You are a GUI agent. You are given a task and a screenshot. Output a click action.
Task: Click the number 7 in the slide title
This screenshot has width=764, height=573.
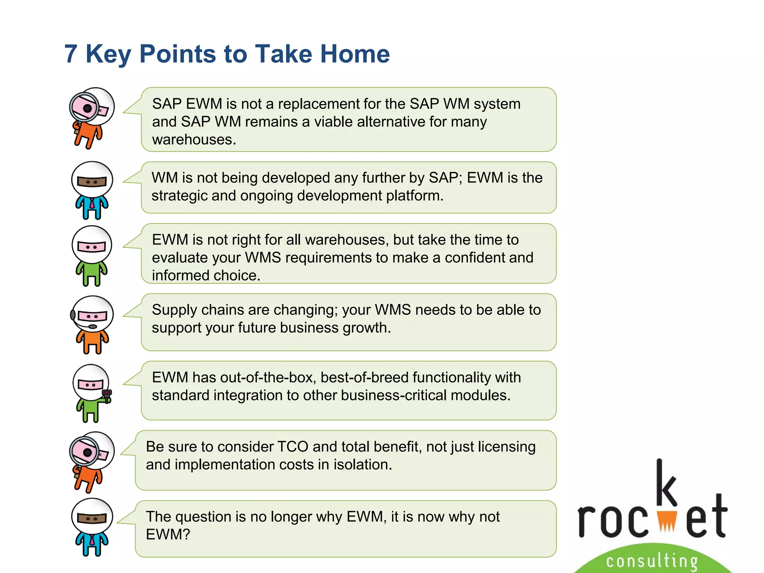[x=71, y=54]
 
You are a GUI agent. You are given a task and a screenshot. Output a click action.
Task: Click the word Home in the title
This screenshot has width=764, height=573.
[x=355, y=54]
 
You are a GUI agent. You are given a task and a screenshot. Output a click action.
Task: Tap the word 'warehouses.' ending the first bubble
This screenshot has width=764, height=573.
[x=194, y=140]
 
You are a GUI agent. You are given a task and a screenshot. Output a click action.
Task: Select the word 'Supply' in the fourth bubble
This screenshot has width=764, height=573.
[x=173, y=310]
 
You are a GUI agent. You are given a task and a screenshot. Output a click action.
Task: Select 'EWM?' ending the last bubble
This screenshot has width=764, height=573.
[x=168, y=535]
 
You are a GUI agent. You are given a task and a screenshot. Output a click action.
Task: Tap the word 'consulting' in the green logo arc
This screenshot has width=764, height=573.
[x=652, y=561]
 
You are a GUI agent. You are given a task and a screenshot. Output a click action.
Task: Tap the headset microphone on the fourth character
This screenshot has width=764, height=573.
[x=92, y=327]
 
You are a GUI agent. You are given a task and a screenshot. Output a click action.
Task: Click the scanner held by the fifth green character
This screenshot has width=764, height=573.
[x=107, y=395]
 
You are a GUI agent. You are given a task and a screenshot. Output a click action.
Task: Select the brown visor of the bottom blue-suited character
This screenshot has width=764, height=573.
[x=92, y=518]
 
